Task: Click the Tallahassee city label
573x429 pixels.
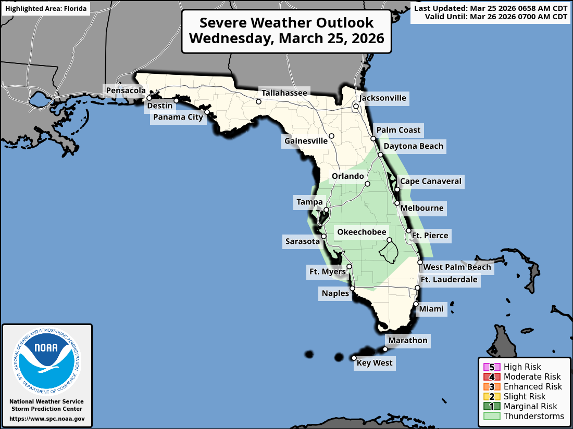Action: (284, 93)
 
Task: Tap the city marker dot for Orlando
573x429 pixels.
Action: (367, 184)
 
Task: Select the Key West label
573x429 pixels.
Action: (374, 363)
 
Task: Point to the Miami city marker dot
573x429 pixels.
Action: (416, 304)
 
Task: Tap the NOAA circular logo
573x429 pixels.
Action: (47, 358)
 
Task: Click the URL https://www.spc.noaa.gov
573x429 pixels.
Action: (47, 419)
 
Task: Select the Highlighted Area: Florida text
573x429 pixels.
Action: (45, 9)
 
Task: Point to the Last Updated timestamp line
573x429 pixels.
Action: (491, 8)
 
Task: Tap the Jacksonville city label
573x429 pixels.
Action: (383, 98)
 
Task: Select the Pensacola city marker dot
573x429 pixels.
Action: (149, 98)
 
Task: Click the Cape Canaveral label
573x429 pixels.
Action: (430, 181)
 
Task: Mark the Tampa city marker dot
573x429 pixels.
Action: (326, 210)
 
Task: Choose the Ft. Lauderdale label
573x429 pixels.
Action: (449, 280)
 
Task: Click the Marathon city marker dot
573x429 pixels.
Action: (385, 349)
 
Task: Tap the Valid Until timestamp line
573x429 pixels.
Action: (496, 17)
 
